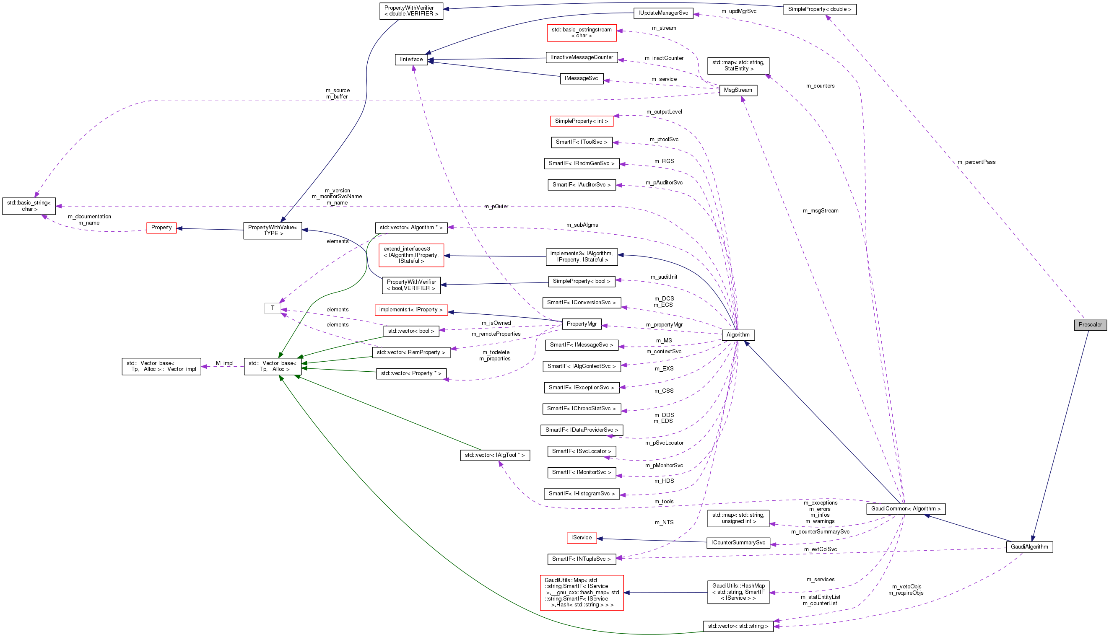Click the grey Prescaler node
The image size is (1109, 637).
[1090, 325]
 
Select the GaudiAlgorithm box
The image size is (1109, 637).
[1029, 546]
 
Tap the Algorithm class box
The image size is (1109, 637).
[738, 335]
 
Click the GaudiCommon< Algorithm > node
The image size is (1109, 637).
[906, 508]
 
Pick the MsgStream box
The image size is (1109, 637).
[738, 90]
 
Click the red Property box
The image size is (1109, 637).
[161, 228]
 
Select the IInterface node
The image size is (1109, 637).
[410, 60]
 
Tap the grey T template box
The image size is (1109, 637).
[272, 308]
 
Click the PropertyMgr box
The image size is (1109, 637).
[581, 324]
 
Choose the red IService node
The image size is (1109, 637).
[581, 538]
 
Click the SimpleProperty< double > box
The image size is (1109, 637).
[819, 9]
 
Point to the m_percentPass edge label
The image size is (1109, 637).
[976, 162]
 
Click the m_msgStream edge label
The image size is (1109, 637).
[820, 211]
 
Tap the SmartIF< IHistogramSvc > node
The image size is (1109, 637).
[581, 494]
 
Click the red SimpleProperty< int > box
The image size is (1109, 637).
[581, 121]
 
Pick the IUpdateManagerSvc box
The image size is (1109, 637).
[662, 13]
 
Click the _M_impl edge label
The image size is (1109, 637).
[224, 363]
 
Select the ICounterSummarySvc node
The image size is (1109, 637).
[738, 543]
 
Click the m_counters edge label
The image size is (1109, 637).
[820, 86]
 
